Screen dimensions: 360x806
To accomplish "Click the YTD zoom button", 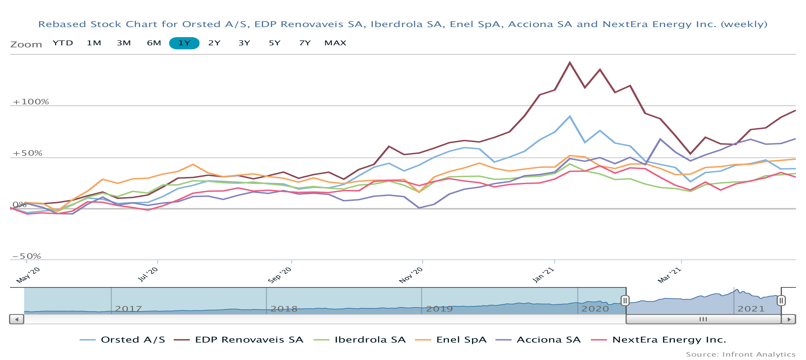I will tap(63, 43).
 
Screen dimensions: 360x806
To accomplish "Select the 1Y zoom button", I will tap(184, 43).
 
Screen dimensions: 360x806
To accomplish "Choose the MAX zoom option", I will tap(335, 43).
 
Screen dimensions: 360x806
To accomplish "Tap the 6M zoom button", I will tap(154, 43).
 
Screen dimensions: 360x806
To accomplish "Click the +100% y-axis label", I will tap(31, 102).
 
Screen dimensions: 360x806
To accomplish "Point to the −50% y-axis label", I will tap(27, 257).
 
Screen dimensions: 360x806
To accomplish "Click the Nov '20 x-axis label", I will tap(411, 275).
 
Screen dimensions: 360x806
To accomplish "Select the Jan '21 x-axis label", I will tap(543, 275).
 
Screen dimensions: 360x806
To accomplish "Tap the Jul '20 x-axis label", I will tap(148, 275).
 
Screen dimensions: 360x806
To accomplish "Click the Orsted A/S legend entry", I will tap(123, 340).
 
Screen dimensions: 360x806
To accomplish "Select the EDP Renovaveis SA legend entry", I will tap(239, 340).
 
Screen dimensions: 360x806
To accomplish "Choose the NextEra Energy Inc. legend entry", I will tap(659, 340).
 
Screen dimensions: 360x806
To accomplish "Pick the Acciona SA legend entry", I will tap(538, 340).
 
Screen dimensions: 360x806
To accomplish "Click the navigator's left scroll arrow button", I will tap(17, 319).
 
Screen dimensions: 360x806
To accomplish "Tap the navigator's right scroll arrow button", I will tap(789, 319).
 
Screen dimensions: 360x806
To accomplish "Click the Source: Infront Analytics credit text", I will tap(741, 355).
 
